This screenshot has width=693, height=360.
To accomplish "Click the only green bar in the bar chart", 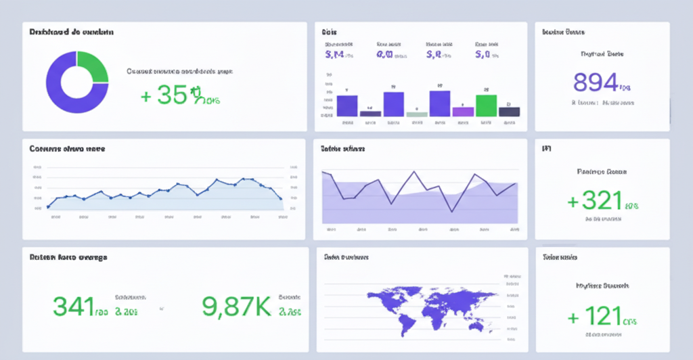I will point(486,105).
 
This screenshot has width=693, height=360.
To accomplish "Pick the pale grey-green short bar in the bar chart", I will point(416,114).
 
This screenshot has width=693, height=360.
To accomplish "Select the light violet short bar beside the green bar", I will point(463,112).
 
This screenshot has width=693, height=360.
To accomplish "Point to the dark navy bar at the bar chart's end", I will point(509,112).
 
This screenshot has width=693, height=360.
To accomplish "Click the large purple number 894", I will point(596,82).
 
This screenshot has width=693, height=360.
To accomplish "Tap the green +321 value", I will point(596,201).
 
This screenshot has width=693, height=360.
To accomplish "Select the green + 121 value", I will point(595,316).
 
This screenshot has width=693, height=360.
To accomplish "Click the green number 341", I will point(74,307).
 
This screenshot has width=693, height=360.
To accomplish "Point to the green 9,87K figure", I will point(236,307).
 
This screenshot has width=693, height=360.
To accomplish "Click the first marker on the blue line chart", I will point(48,206).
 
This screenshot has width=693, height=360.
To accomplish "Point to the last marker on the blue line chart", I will point(281,198).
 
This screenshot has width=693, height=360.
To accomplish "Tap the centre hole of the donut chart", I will point(76,82).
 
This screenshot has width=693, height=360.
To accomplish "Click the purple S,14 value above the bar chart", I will point(336,55).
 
